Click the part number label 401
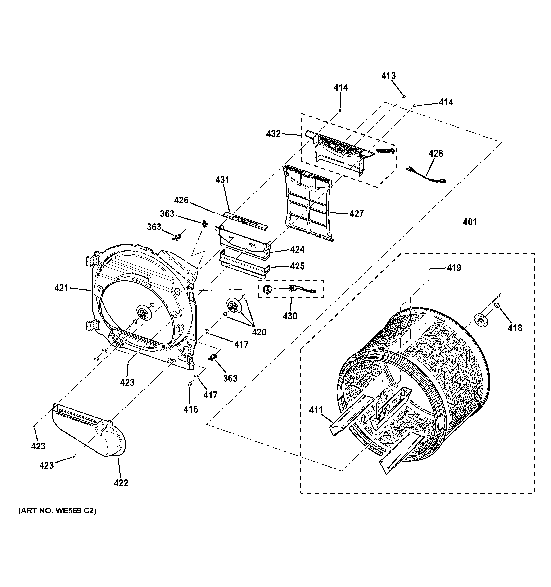(470, 222)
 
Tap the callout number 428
(436, 154)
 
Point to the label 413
(388, 76)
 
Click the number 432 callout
(273, 134)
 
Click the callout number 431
(222, 179)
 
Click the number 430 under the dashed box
(290, 316)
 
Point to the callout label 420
(259, 332)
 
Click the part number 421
(61, 288)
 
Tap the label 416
(191, 409)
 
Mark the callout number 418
(515, 328)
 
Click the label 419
(454, 268)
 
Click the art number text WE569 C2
(57, 511)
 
